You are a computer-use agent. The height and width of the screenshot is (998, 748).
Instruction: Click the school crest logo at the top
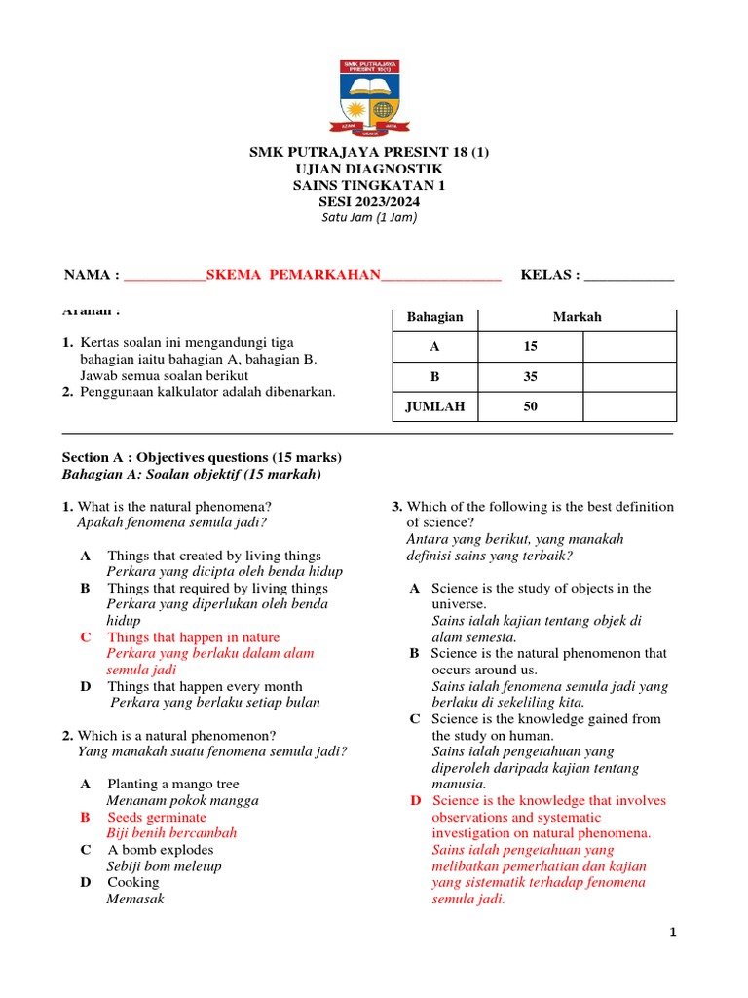tap(375, 98)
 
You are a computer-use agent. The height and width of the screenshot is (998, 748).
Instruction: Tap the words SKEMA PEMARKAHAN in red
tap(292, 276)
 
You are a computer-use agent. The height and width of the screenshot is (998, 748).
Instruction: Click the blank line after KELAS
tap(627, 277)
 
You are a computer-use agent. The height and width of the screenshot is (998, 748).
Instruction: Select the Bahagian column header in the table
tap(434, 317)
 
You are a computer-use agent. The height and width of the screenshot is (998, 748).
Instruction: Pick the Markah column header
tap(577, 317)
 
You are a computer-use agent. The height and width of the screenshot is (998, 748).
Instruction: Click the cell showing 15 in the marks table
tap(530, 347)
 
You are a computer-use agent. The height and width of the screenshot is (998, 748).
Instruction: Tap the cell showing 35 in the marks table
tap(530, 377)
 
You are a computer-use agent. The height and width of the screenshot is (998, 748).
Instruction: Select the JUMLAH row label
tap(434, 407)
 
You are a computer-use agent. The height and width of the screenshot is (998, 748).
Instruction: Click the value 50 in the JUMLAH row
tap(530, 407)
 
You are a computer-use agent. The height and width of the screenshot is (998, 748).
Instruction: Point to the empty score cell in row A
tap(628, 347)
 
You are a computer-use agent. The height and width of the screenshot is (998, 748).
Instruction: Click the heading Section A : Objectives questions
tap(202, 457)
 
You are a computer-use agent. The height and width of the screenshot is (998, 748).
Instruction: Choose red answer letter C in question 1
tap(86, 637)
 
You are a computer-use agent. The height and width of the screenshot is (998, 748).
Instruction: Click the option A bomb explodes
tap(160, 850)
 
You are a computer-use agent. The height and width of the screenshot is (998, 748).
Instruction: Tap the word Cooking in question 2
tap(132, 882)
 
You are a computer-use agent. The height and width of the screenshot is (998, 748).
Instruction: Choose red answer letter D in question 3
tap(416, 800)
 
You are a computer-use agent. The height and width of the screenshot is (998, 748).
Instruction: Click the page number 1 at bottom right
tap(672, 933)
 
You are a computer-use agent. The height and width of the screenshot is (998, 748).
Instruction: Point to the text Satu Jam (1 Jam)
tap(369, 218)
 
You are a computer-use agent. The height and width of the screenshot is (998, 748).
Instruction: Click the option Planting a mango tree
tap(172, 784)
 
